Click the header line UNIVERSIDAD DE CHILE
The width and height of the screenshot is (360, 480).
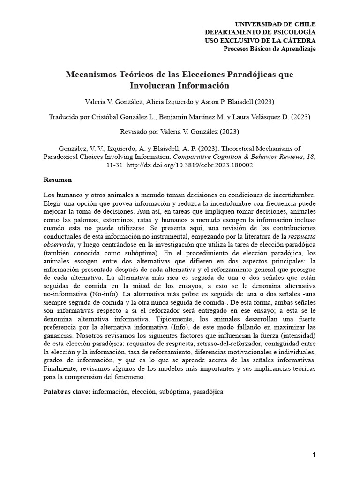(x=275, y=24)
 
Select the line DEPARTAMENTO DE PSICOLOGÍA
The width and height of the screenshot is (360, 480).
(x=260, y=32)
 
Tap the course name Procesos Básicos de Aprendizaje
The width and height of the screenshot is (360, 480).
(x=269, y=49)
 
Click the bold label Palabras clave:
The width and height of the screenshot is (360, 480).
(x=66, y=391)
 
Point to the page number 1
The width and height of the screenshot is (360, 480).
(x=314, y=455)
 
